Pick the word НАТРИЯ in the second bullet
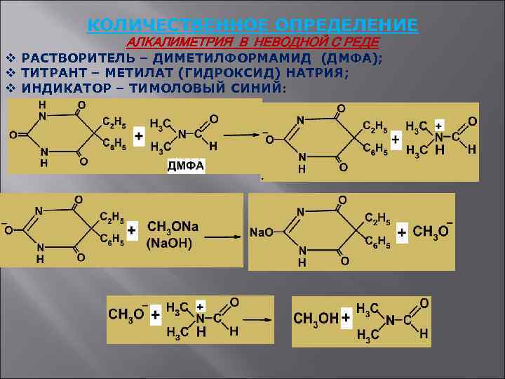(x=312, y=73)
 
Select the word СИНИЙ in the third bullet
(x=253, y=88)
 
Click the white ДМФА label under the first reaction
(x=186, y=166)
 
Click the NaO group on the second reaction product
(x=262, y=232)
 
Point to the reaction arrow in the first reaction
(x=241, y=135)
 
